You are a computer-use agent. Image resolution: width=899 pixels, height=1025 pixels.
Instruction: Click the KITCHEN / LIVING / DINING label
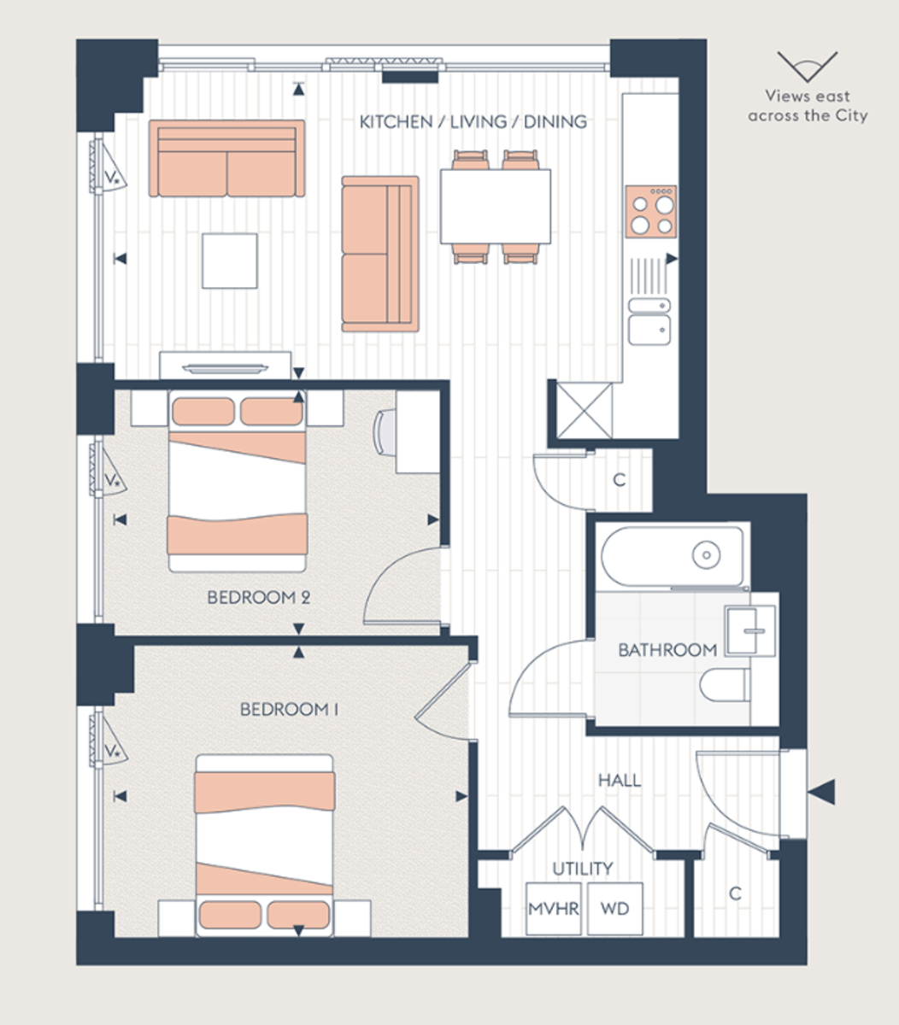click(473, 122)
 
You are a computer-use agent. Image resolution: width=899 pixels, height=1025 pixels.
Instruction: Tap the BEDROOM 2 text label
click(258, 597)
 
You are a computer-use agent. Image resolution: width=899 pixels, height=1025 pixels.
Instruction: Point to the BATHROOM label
click(667, 650)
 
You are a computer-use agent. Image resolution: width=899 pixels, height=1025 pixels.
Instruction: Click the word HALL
click(619, 780)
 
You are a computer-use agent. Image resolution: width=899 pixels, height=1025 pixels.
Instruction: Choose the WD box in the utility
click(614, 908)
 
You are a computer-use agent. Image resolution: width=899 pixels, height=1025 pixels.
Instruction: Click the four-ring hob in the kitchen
click(650, 211)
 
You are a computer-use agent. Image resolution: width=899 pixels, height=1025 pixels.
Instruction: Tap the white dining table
click(495, 206)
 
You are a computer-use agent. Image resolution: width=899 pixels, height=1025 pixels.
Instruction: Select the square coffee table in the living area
click(229, 261)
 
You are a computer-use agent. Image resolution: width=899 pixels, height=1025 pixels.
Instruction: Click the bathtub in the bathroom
click(672, 556)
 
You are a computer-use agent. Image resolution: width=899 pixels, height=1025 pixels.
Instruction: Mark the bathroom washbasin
click(749, 630)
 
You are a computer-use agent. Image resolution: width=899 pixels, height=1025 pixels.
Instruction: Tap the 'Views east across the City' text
click(807, 106)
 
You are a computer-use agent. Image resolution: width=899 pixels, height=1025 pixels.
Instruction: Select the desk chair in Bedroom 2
click(384, 430)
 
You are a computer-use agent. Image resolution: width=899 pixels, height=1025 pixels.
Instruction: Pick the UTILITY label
click(582, 869)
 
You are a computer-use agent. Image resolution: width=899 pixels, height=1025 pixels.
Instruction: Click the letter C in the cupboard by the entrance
click(734, 893)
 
